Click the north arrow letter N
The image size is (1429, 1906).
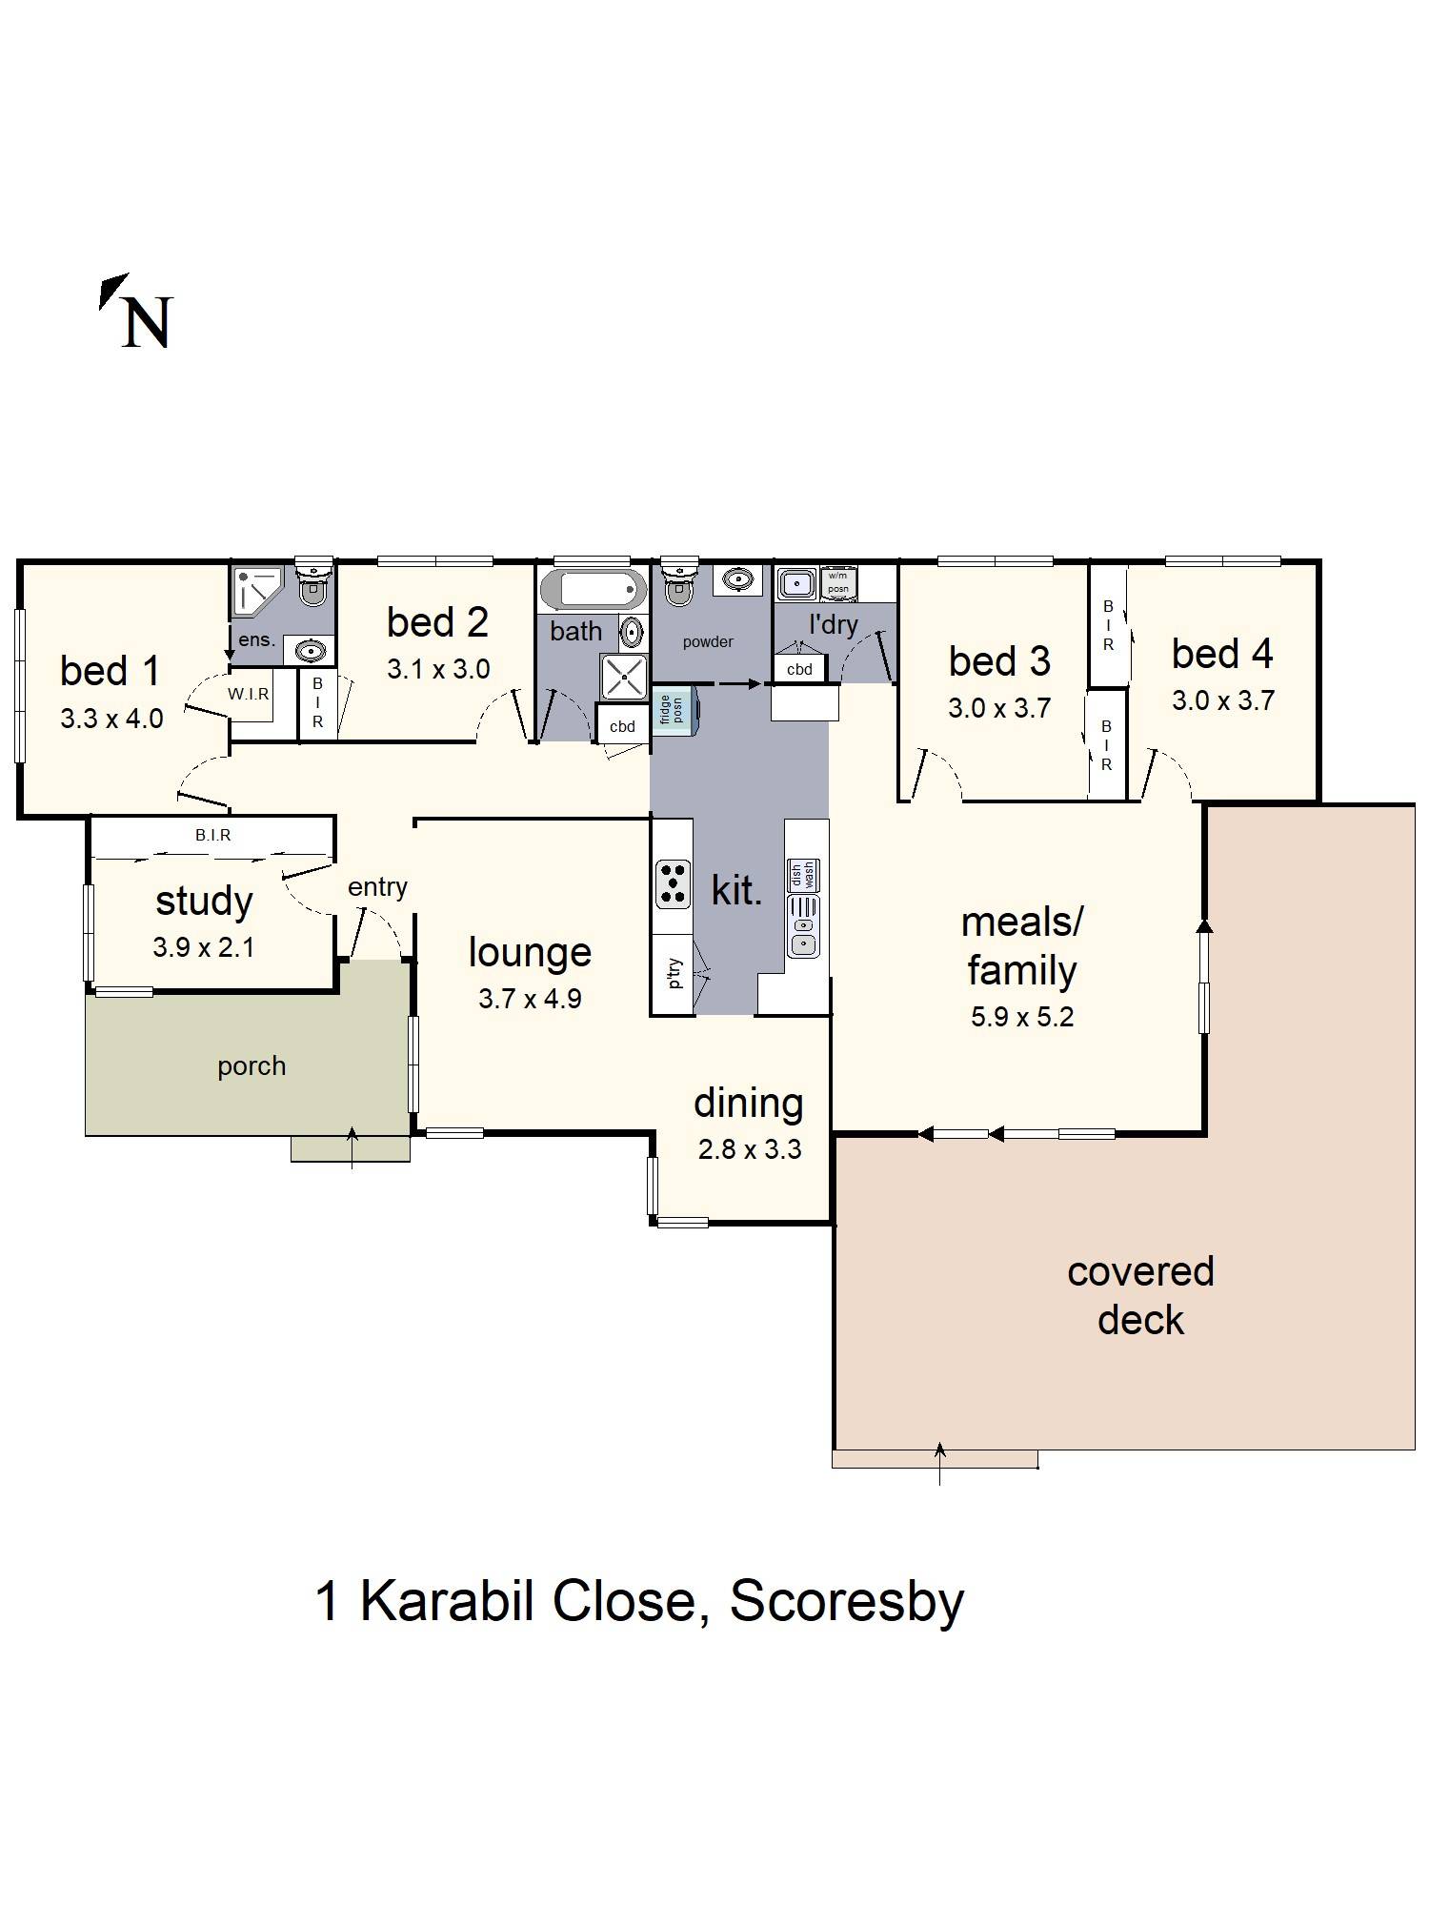[146, 322]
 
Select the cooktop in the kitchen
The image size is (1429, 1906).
[673, 883]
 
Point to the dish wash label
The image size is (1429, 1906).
[803, 874]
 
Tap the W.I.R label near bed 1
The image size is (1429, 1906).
[249, 695]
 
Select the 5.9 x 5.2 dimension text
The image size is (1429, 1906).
[1021, 1017]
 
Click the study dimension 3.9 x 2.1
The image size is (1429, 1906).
[203, 947]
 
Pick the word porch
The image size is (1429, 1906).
[252, 1065]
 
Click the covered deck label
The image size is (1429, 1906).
[1140, 1295]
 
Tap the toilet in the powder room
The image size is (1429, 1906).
[677, 585]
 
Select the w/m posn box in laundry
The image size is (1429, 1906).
[837, 582]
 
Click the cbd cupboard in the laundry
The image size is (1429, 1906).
[799, 669]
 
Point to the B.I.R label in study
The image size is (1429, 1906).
[213, 835]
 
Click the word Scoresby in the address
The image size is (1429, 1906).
[846, 1601]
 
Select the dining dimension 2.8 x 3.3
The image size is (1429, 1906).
[749, 1149]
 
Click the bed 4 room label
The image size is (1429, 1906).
[1222, 654]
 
